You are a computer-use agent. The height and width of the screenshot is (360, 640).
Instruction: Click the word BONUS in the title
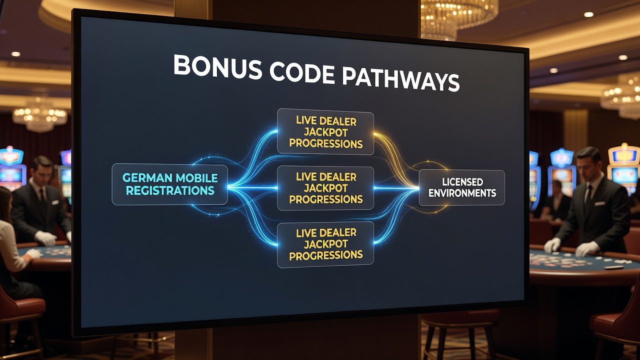[x=217, y=66]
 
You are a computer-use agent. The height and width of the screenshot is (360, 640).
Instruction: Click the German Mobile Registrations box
[x=169, y=184]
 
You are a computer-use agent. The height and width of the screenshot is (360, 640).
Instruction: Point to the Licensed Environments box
[x=461, y=187]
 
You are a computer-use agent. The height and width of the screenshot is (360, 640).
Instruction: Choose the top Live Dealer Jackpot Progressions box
[x=325, y=131]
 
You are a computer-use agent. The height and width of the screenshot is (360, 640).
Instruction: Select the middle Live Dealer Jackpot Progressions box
[x=325, y=188]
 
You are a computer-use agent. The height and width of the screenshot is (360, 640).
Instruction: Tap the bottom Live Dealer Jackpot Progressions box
[x=325, y=244]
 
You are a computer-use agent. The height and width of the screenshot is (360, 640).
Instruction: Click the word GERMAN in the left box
[x=147, y=178]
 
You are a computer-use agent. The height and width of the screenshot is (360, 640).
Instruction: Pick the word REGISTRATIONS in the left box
[x=170, y=190]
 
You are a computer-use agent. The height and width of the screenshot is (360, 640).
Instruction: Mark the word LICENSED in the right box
[x=462, y=182]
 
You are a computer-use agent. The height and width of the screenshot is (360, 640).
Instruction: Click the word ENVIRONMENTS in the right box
[x=462, y=193]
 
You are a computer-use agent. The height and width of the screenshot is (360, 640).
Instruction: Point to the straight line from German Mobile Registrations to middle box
[x=252, y=187]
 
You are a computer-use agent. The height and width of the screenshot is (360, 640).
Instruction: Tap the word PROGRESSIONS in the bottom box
[x=326, y=255]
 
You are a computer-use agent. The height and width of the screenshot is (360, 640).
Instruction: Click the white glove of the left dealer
[x=45, y=238]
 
